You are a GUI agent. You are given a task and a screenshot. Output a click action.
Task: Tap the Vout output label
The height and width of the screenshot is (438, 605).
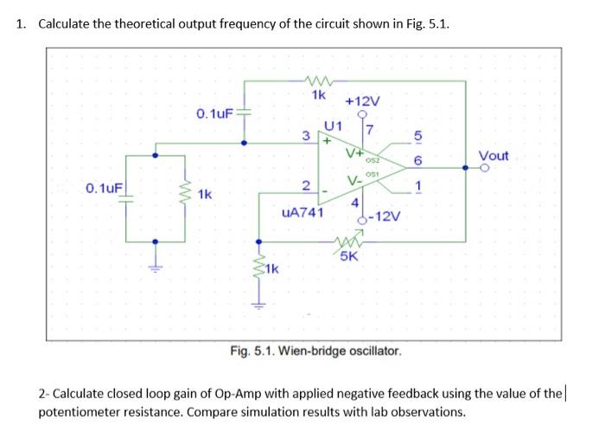(x=494, y=156)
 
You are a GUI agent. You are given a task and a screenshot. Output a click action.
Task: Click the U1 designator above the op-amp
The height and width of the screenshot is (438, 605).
(x=334, y=127)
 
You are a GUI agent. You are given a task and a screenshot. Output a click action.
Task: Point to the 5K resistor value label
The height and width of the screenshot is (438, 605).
(x=351, y=256)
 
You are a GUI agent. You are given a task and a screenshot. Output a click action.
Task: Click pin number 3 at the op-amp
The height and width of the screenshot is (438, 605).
(x=304, y=135)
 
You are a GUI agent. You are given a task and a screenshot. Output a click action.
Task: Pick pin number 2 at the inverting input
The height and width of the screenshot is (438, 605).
(x=304, y=185)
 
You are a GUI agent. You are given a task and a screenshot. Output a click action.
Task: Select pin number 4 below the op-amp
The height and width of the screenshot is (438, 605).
(x=354, y=203)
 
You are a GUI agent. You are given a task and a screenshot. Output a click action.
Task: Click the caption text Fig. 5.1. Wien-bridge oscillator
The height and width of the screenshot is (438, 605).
(x=316, y=351)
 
